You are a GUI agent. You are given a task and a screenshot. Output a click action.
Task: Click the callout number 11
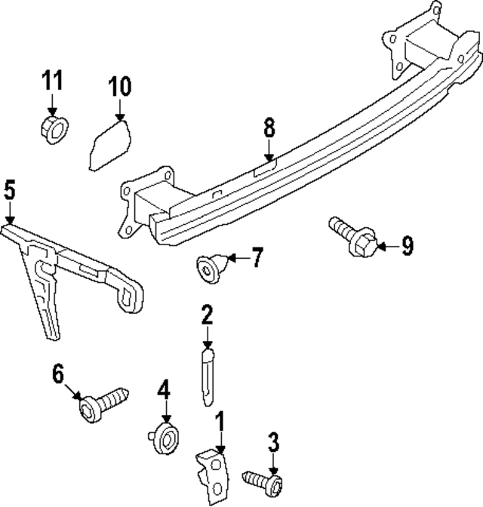52,80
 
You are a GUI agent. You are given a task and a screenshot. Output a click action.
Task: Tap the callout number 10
118,87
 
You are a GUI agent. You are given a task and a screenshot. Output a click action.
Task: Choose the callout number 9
407,246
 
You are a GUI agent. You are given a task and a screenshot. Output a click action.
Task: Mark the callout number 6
59,372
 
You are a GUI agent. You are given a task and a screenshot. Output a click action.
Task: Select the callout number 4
165,391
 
